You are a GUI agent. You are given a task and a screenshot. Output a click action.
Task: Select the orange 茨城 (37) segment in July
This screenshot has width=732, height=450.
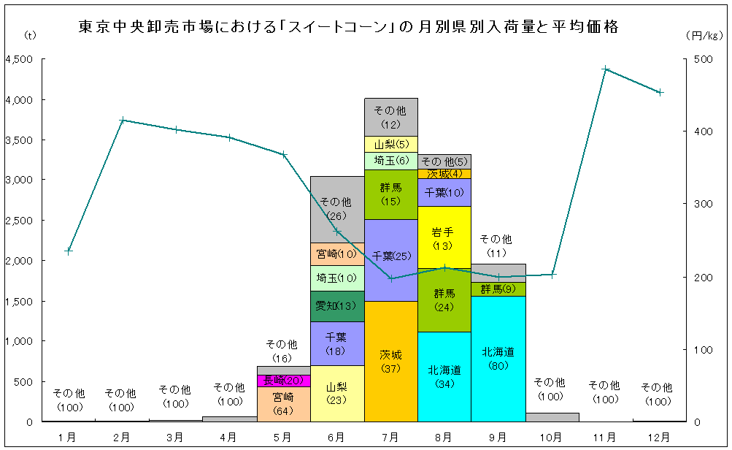click(x=390, y=362)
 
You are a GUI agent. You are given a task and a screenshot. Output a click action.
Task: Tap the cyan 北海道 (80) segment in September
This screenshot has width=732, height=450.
click(x=498, y=359)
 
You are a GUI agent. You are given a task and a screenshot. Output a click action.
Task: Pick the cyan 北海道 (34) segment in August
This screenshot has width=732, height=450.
click(x=444, y=377)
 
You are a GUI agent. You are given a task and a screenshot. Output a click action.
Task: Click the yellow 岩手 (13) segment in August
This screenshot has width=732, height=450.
click(x=444, y=237)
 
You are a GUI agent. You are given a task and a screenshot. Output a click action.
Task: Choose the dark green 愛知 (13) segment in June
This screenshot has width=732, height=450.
click(x=336, y=306)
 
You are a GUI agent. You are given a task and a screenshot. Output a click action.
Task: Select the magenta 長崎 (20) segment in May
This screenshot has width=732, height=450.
click(x=283, y=381)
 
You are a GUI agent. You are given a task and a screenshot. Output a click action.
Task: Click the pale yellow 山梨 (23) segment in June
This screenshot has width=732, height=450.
click(x=336, y=394)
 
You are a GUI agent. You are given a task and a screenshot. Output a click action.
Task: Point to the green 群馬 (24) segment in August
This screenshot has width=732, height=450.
click(x=444, y=300)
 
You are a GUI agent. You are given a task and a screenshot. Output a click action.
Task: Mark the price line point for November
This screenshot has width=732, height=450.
click(x=605, y=69)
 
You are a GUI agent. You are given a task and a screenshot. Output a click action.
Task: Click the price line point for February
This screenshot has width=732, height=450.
click(x=123, y=120)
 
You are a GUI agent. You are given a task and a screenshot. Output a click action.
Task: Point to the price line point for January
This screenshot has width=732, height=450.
click(x=69, y=251)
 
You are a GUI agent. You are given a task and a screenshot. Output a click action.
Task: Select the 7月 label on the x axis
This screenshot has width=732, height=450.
click(x=390, y=437)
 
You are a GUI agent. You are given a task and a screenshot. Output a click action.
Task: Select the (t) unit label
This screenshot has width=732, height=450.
click(x=29, y=34)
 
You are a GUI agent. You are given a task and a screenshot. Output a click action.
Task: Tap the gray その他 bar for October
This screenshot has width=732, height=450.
click(x=551, y=417)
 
